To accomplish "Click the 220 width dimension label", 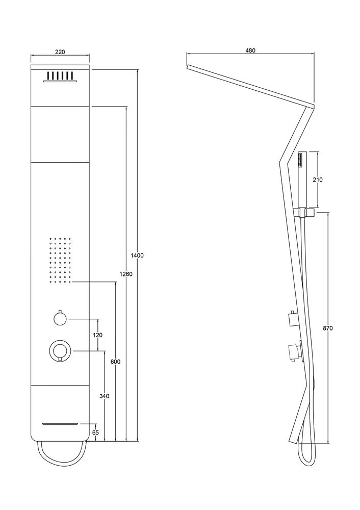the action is tap(60, 52).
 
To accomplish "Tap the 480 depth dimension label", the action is tap(250, 50).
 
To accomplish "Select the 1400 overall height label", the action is tap(137, 256).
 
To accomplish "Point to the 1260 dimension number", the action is tap(126, 274).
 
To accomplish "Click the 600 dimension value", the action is tap(115, 362).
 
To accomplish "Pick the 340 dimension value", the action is tap(105, 396).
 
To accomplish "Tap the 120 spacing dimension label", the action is tap(98, 335).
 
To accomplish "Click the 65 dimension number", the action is tap(96, 432).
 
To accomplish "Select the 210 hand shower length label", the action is tap(318, 180).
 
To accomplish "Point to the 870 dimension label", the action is tap(328, 328).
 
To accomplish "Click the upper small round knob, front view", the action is tap(60, 317).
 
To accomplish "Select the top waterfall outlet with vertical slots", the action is tap(60, 77).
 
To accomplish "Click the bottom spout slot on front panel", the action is tap(61, 424).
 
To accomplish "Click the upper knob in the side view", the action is tap(293, 319).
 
